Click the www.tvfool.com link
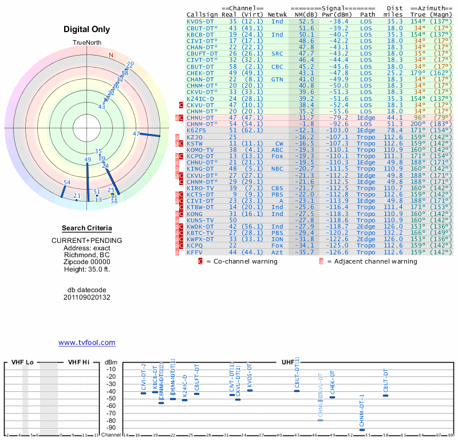tap(87, 343)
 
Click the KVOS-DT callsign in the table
tap(200, 21)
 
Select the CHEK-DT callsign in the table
tap(200, 73)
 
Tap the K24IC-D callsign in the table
tap(200, 99)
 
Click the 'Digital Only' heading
tap(87, 29)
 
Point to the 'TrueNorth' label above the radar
tap(87, 44)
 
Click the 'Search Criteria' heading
tap(87, 228)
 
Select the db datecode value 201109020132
tap(87, 297)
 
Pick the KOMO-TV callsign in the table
tap(200, 150)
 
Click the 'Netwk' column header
tap(278, 14)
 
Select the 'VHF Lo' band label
tap(23, 362)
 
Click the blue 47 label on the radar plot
tap(136, 133)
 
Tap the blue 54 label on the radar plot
tap(67, 183)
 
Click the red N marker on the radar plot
tap(111, 55)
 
